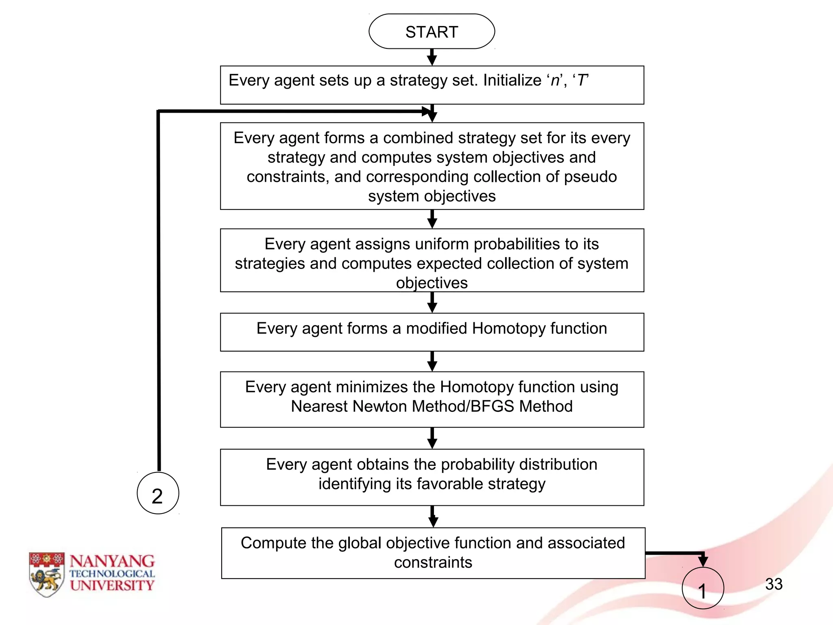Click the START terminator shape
tap(432, 32)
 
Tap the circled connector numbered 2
tap(158, 493)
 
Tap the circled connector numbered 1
tap(702, 588)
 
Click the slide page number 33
tap(774, 584)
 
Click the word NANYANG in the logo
tap(112, 561)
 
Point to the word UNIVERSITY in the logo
tap(112, 586)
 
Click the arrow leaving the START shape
tap(432, 57)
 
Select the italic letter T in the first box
tap(582, 80)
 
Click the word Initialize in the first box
tap(512, 80)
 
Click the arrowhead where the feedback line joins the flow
tap(427, 111)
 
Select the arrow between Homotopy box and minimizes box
tap(432, 361)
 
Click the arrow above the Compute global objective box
tap(433, 517)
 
